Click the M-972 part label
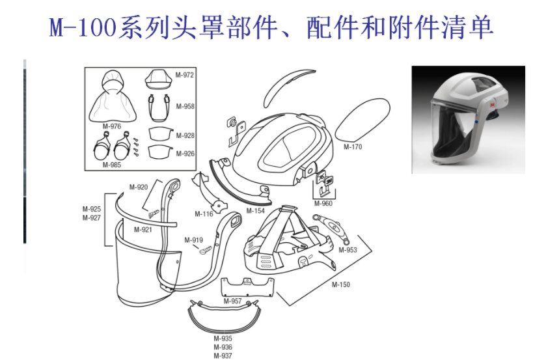click(x=185, y=75)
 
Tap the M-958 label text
click(x=185, y=106)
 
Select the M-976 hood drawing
click(x=113, y=96)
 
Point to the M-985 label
click(x=112, y=165)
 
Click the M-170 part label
click(x=353, y=147)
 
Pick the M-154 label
click(x=256, y=211)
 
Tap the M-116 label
click(x=204, y=214)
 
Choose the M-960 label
click(x=323, y=203)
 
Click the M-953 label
click(x=348, y=250)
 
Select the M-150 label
click(x=341, y=284)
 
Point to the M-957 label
click(x=232, y=301)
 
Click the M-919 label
click(x=194, y=240)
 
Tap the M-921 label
click(x=143, y=230)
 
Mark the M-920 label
click(x=139, y=187)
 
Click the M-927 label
click(x=92, y=217)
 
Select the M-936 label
click(x=223, y=347)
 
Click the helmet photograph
click(x=469, y=120)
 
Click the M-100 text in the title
click(x=83, y=27)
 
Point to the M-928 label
click(x=185, y=135)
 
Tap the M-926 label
click(x=185, y=154)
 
